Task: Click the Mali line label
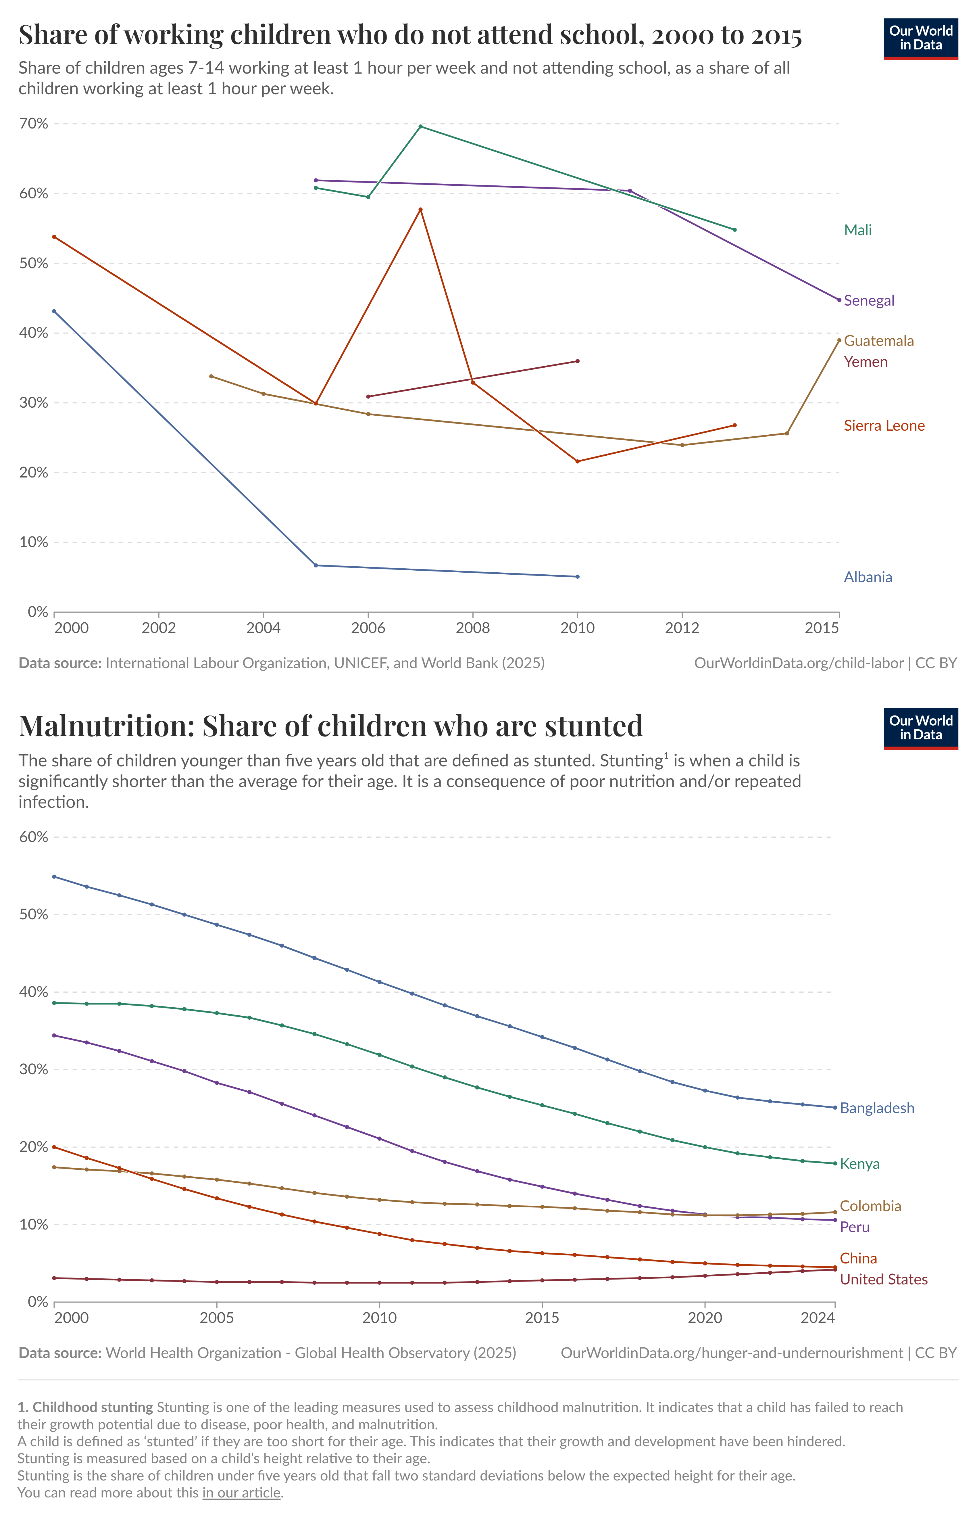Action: [x=858, y=230]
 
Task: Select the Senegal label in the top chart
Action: [x=868, y=301]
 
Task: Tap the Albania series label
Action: [x=867, y=578]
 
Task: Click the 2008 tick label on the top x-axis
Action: [x=473, y=628]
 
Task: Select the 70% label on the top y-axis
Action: [x=34, y=124]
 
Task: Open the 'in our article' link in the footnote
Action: [x=241, y=1492]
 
